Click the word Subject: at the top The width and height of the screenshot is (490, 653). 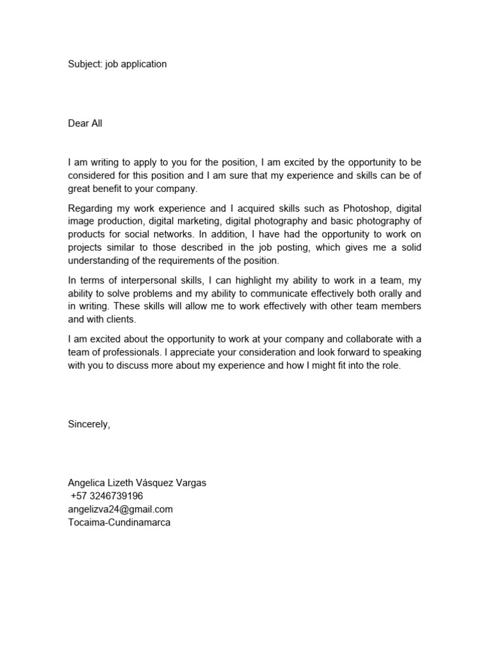pyautogui.click(x=84, y=64)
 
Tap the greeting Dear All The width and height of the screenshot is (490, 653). pyautogui.click(x=85, y=124)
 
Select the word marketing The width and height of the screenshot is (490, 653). pyautogui.click(x=197, y=221)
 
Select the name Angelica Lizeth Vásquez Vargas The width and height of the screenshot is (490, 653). pyautogui.click(x=137, y=483)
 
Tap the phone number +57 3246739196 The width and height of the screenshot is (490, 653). pyautogui.click(x=107, y=496)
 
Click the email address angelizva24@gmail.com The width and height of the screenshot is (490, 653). pyautogui.click(x=121, y=509)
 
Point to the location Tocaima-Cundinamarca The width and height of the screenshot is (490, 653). pyautogui.click(x=120, y=522)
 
